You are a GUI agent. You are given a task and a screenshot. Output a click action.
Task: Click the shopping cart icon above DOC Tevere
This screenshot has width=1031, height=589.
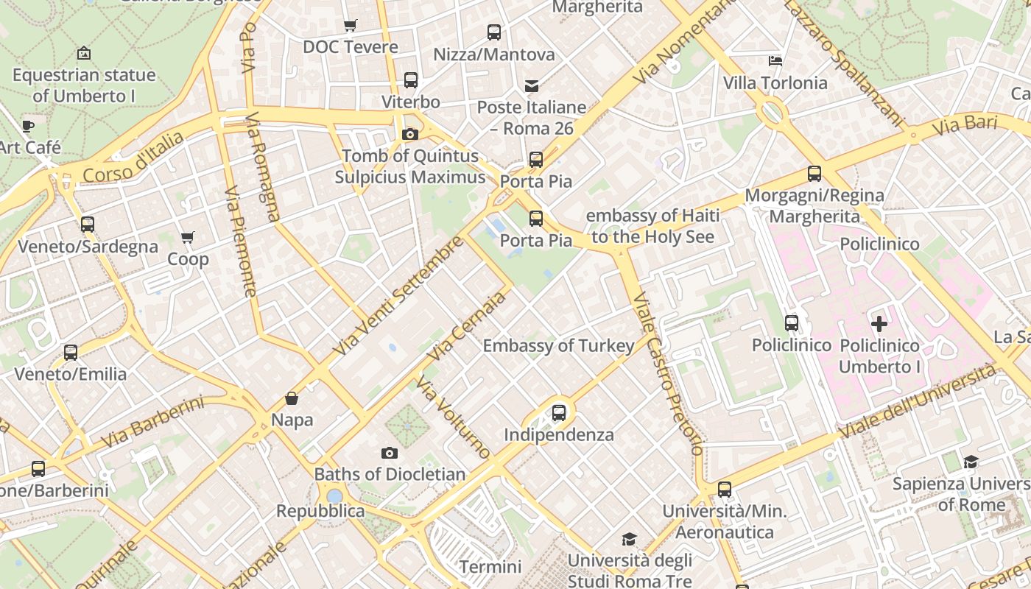(351, 26)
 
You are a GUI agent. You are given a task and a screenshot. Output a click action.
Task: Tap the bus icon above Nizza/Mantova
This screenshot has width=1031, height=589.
(494, 32)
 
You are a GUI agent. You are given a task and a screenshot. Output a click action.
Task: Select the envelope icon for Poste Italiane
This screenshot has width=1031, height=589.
(531, 86)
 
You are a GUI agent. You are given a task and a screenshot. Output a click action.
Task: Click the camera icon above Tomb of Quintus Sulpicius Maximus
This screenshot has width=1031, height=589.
(410, 134)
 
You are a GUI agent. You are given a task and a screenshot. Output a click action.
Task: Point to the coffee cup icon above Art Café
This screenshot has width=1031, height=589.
(28, 126)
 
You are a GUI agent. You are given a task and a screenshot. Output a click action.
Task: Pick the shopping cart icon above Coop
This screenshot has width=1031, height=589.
(188, 238)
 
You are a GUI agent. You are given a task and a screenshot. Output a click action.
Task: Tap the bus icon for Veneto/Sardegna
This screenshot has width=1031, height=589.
(88, 225)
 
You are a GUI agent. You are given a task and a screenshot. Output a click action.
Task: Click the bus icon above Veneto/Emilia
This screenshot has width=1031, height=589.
(71, 353)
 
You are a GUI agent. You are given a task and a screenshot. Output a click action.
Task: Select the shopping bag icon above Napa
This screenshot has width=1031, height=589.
(292, 399)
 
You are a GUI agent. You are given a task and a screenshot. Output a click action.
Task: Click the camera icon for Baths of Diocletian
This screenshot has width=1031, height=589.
(390, 453)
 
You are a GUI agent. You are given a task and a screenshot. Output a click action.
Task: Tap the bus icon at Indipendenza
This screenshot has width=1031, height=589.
(559, 413)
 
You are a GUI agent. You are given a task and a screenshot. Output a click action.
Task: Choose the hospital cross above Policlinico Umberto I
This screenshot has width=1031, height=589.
(879, 324)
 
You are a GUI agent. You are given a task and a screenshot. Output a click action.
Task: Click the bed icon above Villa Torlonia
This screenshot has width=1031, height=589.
(775, 61)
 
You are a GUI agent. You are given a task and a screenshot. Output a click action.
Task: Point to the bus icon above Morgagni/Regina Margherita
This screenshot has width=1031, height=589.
(814, 174)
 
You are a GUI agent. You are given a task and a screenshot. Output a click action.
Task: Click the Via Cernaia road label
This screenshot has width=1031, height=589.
(468, 325)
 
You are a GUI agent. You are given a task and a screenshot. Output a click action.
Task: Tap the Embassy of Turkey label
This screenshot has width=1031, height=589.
(558, 346)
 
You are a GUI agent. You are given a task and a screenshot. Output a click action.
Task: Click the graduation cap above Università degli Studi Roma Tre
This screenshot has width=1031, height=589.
(629, 540)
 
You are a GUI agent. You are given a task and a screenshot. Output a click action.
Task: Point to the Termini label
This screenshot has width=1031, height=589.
(490, 567)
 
